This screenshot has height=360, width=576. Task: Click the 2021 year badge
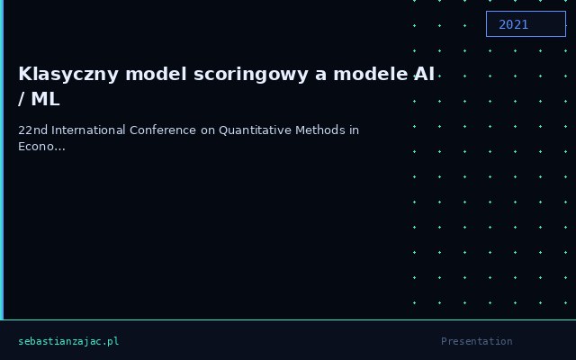[526, 24]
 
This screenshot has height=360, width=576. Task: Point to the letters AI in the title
[425, 74]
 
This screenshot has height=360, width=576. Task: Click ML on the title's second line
[45, 99]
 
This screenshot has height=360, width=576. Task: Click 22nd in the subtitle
[32, 130]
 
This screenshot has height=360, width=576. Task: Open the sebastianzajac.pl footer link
[68, 341]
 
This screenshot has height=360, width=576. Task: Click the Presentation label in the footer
[476, 341]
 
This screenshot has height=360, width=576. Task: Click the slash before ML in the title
[22, 99]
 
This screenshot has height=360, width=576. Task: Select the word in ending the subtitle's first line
[354, 130]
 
